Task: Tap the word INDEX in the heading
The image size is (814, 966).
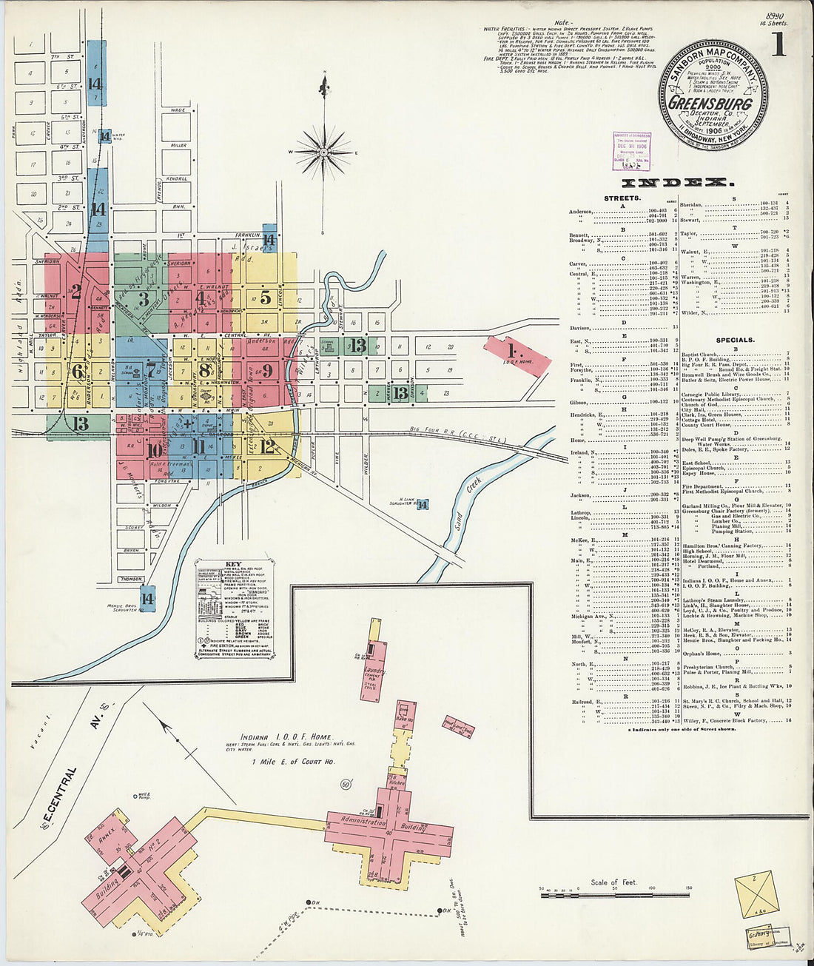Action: pos(678,182)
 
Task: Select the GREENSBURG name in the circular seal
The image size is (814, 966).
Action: pos(710,104)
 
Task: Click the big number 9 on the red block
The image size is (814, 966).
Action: pos(267,370)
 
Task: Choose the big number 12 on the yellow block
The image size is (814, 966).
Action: pos(268,446)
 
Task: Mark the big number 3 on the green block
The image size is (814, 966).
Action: pos(144,299)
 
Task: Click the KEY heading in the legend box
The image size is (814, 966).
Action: pos(233,564)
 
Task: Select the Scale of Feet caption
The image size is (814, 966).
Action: pos(613,882)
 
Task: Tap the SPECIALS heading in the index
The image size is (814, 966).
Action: pos(735,341)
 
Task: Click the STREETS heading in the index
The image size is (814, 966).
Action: pos(622,198)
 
